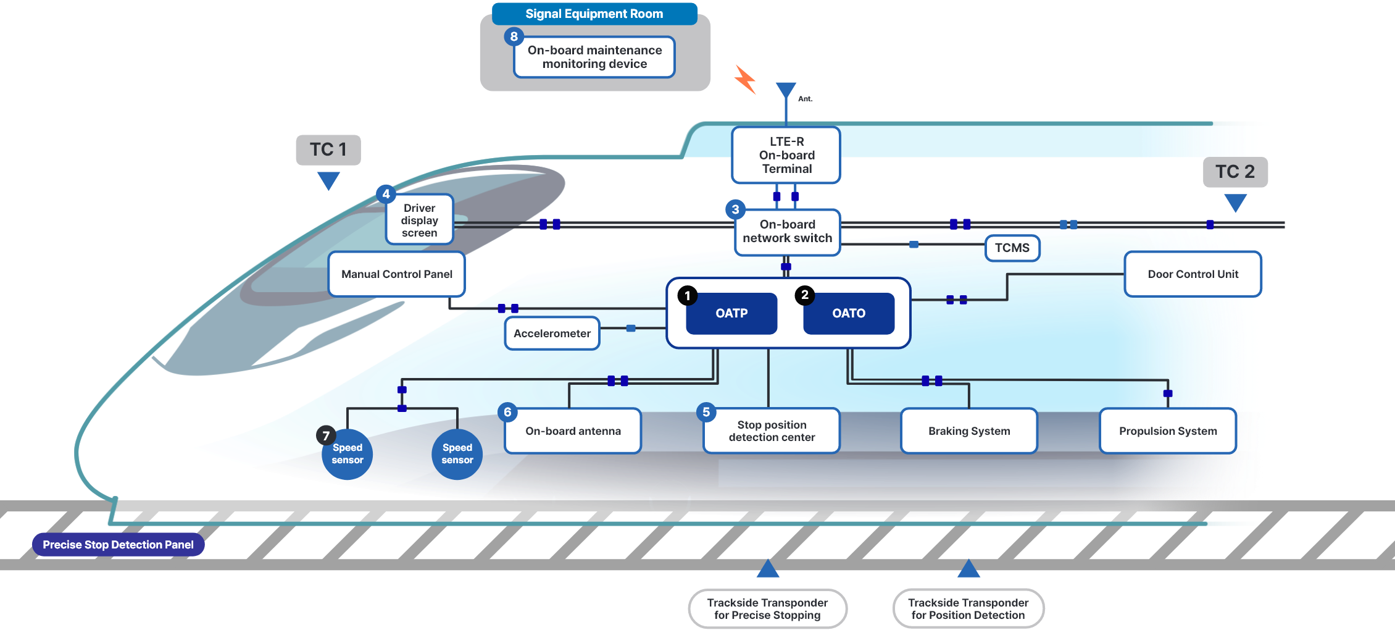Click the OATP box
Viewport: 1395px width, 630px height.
click(x=731, y=313)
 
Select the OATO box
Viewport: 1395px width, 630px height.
click(x=849, y=313)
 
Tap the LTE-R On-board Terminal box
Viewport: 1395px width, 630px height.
click(x=786, y=155)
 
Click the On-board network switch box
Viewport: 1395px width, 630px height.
click(x=787, y=232)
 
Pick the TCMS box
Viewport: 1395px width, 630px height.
click(x=1012, y=248)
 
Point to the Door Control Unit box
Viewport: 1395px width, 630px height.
click(x=1193, y=274)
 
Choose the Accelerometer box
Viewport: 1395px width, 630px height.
click(x=552, y=334)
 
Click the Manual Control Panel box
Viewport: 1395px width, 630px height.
click(x=396, y=274)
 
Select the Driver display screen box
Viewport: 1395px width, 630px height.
click(x=420, y=220)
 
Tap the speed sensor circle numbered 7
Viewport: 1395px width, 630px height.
click(x=348, y=455)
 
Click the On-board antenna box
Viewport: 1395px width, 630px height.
click(x=573, y=431)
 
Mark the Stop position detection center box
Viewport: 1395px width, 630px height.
click(x=772, y=431)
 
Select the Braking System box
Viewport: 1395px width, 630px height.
click(x=969, y=431)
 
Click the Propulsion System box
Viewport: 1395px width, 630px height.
click(x=1168, y=431)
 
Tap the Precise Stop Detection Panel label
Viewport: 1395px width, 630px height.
click(x=118, y=545)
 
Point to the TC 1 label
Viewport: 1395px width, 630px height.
click(x=328, y=149)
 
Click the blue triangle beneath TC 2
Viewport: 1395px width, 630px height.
click(x=1235, y=201)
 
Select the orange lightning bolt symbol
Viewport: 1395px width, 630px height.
click(x=745, y=80)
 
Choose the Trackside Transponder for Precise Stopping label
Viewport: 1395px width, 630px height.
click(x=767, y=608)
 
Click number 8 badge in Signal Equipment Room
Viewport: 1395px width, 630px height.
click(x=514, y=36)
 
